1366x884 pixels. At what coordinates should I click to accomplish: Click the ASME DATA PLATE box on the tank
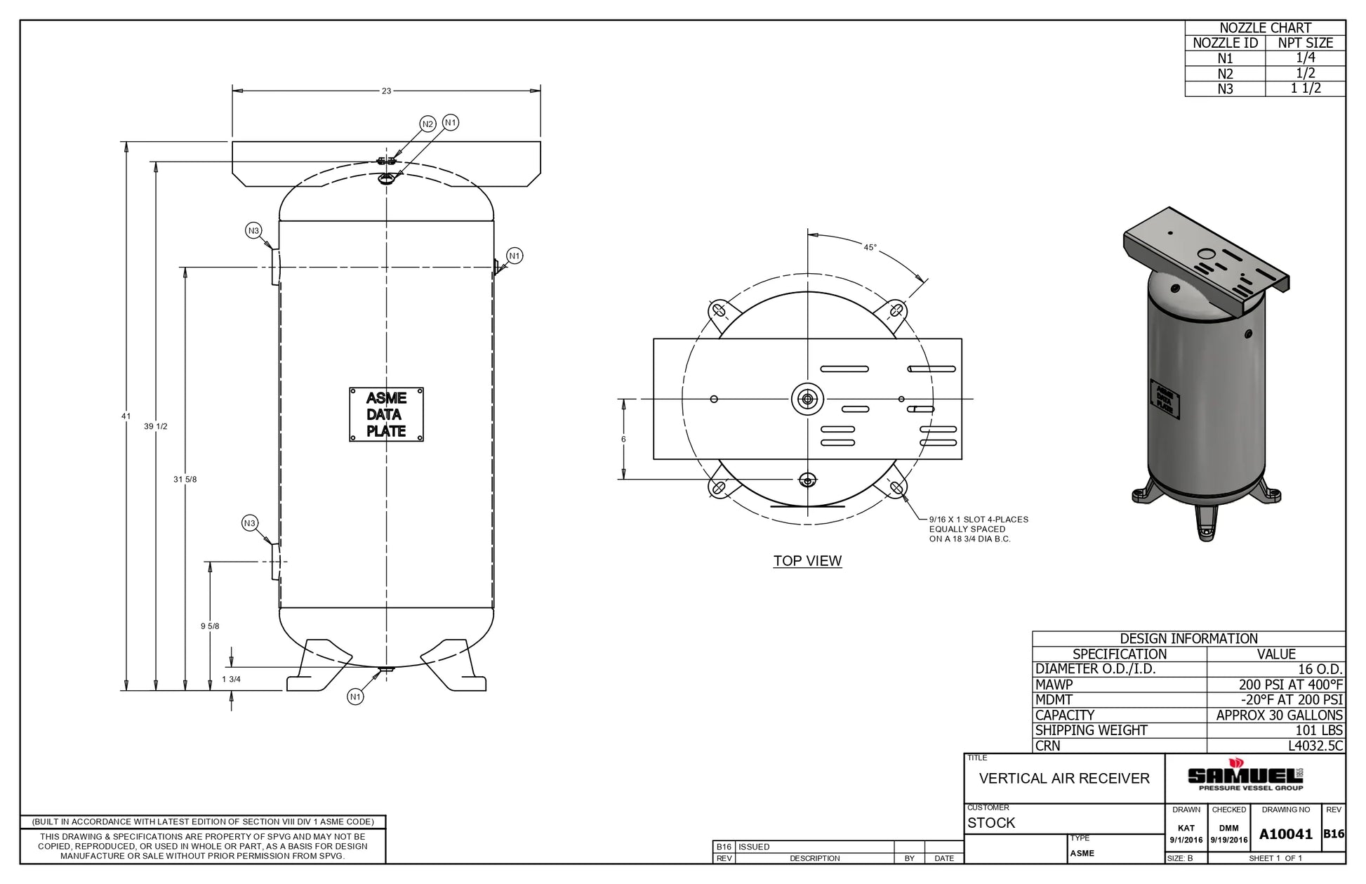coord(386,414)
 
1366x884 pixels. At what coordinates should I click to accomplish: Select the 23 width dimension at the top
coord(386,91)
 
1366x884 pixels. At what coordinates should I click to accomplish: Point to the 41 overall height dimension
coord(126,416)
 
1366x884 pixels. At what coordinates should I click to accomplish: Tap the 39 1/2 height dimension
coord(155,426)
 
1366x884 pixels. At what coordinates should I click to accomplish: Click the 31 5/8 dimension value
coord(185,480)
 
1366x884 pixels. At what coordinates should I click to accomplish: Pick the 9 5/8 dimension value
coord(210,626)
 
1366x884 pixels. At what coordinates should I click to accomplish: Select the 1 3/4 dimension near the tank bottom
coord(231,679)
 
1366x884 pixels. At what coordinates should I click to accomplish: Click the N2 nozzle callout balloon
coord(427,124)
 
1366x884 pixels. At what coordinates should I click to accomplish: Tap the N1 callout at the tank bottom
coord(355,697)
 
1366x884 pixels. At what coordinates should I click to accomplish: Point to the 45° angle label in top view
coord(870,248)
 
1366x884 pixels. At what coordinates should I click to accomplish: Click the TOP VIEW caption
coord(807,561)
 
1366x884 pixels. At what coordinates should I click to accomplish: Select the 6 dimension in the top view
coord(623,440)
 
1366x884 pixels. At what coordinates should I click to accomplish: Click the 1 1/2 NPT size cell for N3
coord(1305,88)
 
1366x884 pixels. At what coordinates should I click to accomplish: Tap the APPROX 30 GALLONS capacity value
coord(1279,715)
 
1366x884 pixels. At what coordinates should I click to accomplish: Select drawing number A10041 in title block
coord(1285,834)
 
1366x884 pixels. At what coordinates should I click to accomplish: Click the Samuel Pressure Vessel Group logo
coord(1245,776)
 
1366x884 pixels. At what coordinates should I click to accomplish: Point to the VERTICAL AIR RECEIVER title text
coord(1064,779)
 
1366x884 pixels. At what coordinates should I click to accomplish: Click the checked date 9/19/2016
coord(1228,840)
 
